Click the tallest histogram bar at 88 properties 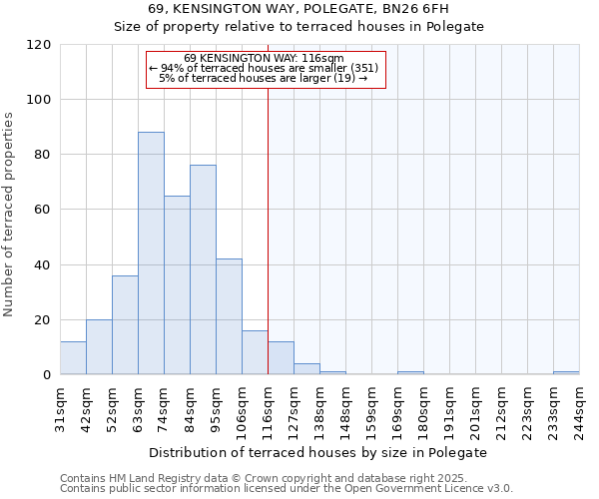[151, 253]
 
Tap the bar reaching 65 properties [177, 284]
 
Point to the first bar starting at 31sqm [73, 357]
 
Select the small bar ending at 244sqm [566, 372]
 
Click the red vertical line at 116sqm [268, 230]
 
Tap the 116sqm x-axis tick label [268, 407]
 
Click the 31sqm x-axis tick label [60, 407]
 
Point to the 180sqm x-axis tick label [423, 407]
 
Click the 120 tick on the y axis [40, 45]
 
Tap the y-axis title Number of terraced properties [10, 215]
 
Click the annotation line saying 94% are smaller [266, 68]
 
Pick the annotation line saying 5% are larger [266, 78]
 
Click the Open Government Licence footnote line [287, 489]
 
